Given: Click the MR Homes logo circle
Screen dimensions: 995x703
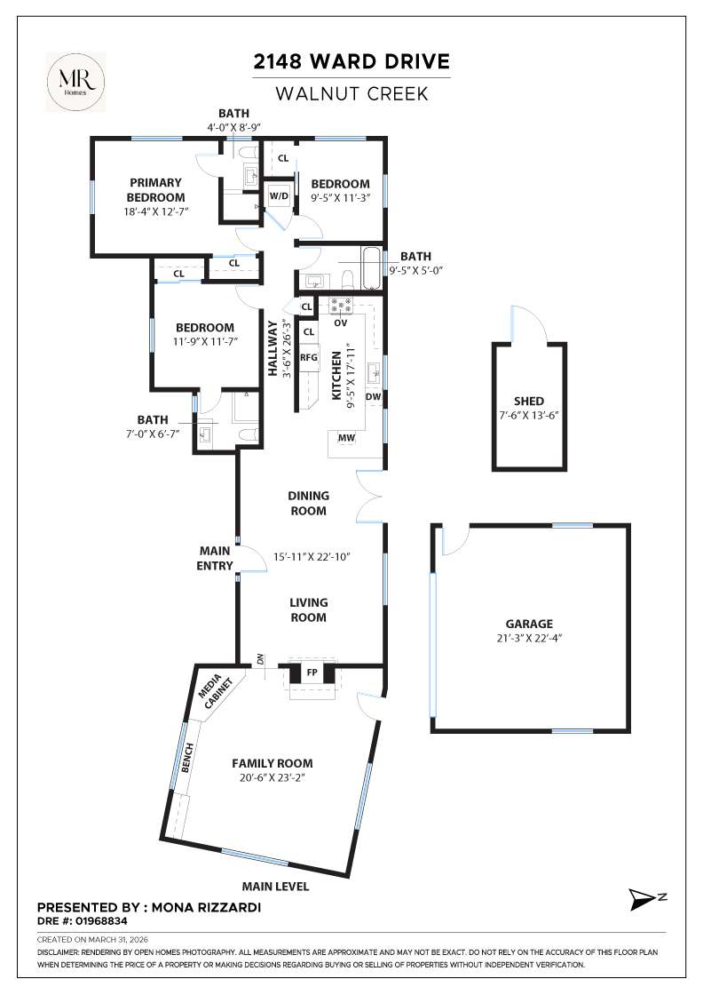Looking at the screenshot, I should point(75,81).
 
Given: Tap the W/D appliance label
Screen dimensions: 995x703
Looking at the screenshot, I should point(279,195).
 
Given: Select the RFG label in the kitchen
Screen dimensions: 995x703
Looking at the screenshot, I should point(308,358).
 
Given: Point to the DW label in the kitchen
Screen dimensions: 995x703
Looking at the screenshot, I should point(373,397).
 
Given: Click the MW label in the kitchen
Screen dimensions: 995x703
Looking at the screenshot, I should point(345,438).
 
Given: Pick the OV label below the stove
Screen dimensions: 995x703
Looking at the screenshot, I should point(340,322).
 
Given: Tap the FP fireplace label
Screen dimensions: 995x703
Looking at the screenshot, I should point(312,673).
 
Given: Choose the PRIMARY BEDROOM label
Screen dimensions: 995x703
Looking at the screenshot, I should point(155,190).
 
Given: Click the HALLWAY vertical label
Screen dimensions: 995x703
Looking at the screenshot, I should point(273,348).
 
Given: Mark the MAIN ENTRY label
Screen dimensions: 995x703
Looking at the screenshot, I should point(215,558).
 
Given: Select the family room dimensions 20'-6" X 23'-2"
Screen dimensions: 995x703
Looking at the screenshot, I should point(272,778).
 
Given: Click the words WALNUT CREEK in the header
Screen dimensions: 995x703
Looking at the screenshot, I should point(351,93).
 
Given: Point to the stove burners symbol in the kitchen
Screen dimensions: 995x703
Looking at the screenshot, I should point(341,306).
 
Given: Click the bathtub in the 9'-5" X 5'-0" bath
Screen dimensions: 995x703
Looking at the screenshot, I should point(371,270).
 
